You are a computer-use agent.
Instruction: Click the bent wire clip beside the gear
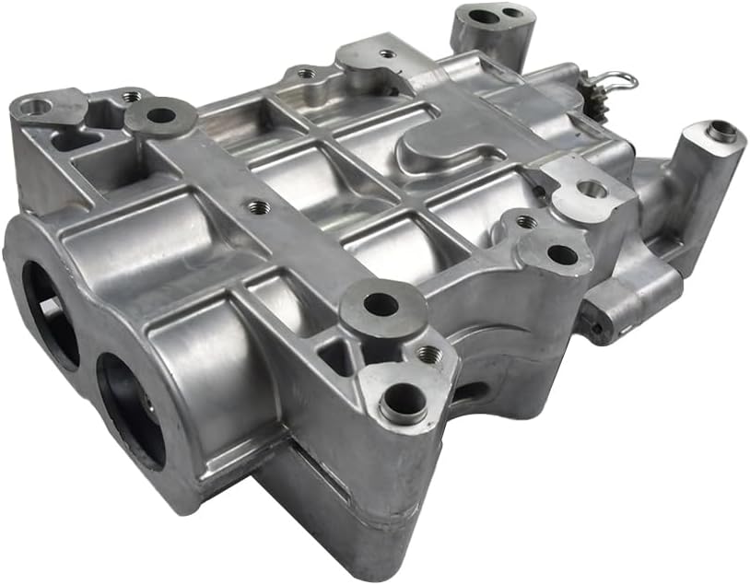(615, 82)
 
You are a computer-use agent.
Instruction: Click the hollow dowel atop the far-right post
(722, 132)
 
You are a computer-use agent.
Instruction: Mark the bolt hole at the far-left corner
(34, 108)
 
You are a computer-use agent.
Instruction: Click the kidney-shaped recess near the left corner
(66, 141)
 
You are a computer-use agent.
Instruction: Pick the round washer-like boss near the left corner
(161, 116)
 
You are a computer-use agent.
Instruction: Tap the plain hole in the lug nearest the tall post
(592, 190)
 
